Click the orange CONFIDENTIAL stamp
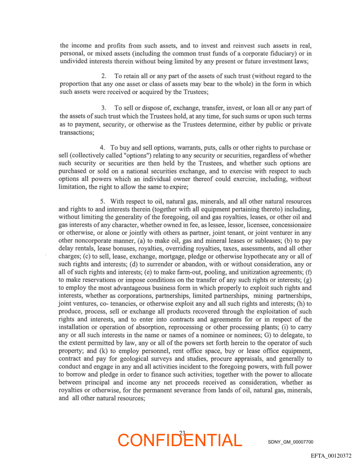coord(180,440)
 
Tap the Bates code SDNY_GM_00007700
coord(290,442)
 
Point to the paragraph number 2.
coord(104,76)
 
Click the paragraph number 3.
coord(104,108)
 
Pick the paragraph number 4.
coord(102,147)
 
